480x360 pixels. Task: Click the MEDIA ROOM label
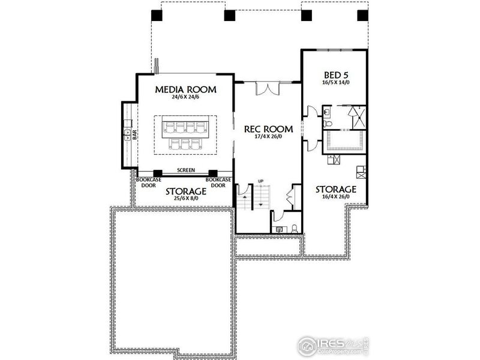point(185,89)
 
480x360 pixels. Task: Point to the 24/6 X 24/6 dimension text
point(185,98)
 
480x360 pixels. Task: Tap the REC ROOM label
point(268,129)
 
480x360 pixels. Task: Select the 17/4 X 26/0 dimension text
point(268,137)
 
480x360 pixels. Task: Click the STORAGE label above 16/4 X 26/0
point(336,190)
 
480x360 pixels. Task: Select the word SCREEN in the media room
point(185,170)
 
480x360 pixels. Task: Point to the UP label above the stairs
point(260,181)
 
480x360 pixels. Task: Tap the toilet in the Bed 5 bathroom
point(328,122)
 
